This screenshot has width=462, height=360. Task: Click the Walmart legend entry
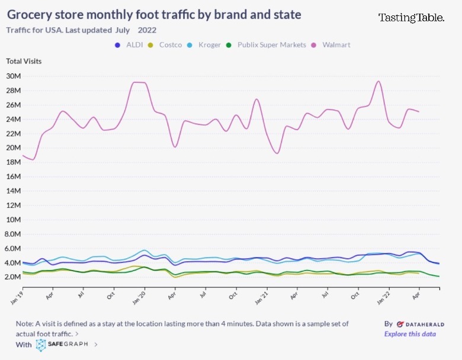tap(336, 44)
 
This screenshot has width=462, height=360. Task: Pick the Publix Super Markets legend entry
tap(271, 44)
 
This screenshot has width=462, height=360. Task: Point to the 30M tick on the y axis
tap(14, 76)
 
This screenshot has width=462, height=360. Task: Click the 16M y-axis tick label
tap(14, 176)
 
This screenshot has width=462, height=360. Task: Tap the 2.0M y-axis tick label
tap(14, 277)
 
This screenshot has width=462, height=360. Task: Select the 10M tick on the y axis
tap(14, 219)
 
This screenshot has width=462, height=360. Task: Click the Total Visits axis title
tap(24, 61)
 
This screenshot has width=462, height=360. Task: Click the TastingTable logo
tap(411, 18)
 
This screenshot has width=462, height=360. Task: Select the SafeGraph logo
tap(63, 344)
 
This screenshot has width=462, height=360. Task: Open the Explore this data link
tap(410, 334)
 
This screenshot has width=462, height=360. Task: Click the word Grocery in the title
tap(32, 14)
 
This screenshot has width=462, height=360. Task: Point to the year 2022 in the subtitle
tap(147, 30)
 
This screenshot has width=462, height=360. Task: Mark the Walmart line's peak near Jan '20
tap(139, 82)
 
